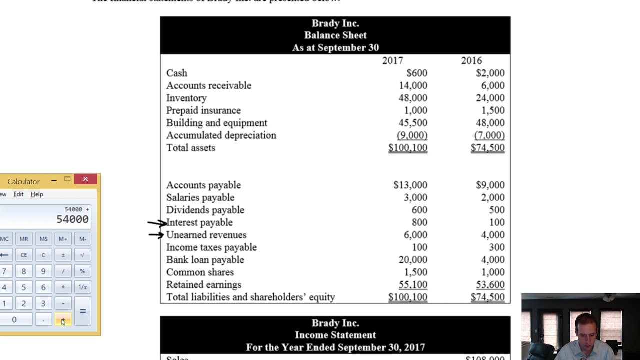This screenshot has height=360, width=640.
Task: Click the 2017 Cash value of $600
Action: click(x=416, y=73)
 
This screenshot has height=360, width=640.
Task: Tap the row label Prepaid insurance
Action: click(x=203, y=110)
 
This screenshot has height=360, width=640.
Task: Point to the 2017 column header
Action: click(x=392, y=60)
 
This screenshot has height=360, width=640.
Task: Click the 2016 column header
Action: click(x=471, y=60)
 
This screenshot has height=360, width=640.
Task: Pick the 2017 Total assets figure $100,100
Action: click(x=407, y=148)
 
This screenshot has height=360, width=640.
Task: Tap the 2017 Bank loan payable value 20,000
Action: click(x=412, y=260)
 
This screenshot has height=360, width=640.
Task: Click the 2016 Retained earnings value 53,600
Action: click(x=490, y=285)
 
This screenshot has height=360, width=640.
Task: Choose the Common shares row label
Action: click(x=200, y=272)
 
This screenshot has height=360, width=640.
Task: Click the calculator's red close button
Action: click(x=85, y=179)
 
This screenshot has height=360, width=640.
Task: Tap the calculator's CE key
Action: click(x=23, y=255)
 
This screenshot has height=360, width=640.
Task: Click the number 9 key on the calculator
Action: click(x=43, y=271)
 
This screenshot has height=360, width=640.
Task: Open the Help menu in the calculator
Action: click(x=36, y=194)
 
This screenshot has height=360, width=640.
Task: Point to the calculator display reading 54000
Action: click(x=72, y=219)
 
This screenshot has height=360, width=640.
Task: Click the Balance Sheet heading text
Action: click(x=335, y=35)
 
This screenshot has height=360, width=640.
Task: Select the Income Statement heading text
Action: click(x=335, y=335)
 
